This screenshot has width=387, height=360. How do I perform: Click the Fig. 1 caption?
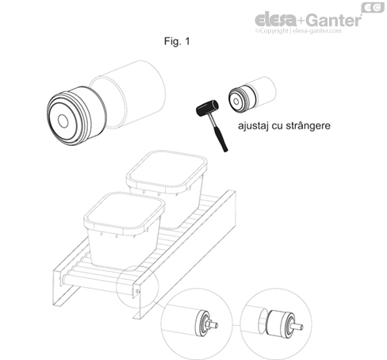tap(177, 41)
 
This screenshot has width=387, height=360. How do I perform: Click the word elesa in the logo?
tap(275, 20)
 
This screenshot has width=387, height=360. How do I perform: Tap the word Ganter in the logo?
tap(334, 20)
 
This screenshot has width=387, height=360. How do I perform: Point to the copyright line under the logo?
tap(298, 31)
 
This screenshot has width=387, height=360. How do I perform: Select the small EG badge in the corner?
tap(373, 7)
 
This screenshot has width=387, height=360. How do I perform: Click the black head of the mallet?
tap(208, 108)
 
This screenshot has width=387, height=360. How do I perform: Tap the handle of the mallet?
tap(218, 133)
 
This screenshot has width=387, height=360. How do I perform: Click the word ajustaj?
tap(253, 126)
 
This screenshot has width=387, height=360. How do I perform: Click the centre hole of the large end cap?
tap(63, 121)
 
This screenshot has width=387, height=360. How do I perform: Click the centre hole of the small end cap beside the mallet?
tap(236, 101)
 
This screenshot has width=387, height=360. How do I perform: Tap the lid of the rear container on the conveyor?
tap(167, 168)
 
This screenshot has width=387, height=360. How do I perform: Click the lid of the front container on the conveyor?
tap(125, 211)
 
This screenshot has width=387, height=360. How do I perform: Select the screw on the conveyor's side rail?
tap(137, 291)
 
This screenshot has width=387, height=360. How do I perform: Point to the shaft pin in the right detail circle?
tap(297, 326)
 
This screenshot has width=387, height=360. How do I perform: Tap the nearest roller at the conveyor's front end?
tap(98, 284)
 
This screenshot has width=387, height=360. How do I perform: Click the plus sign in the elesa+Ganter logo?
tap(301, 21)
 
